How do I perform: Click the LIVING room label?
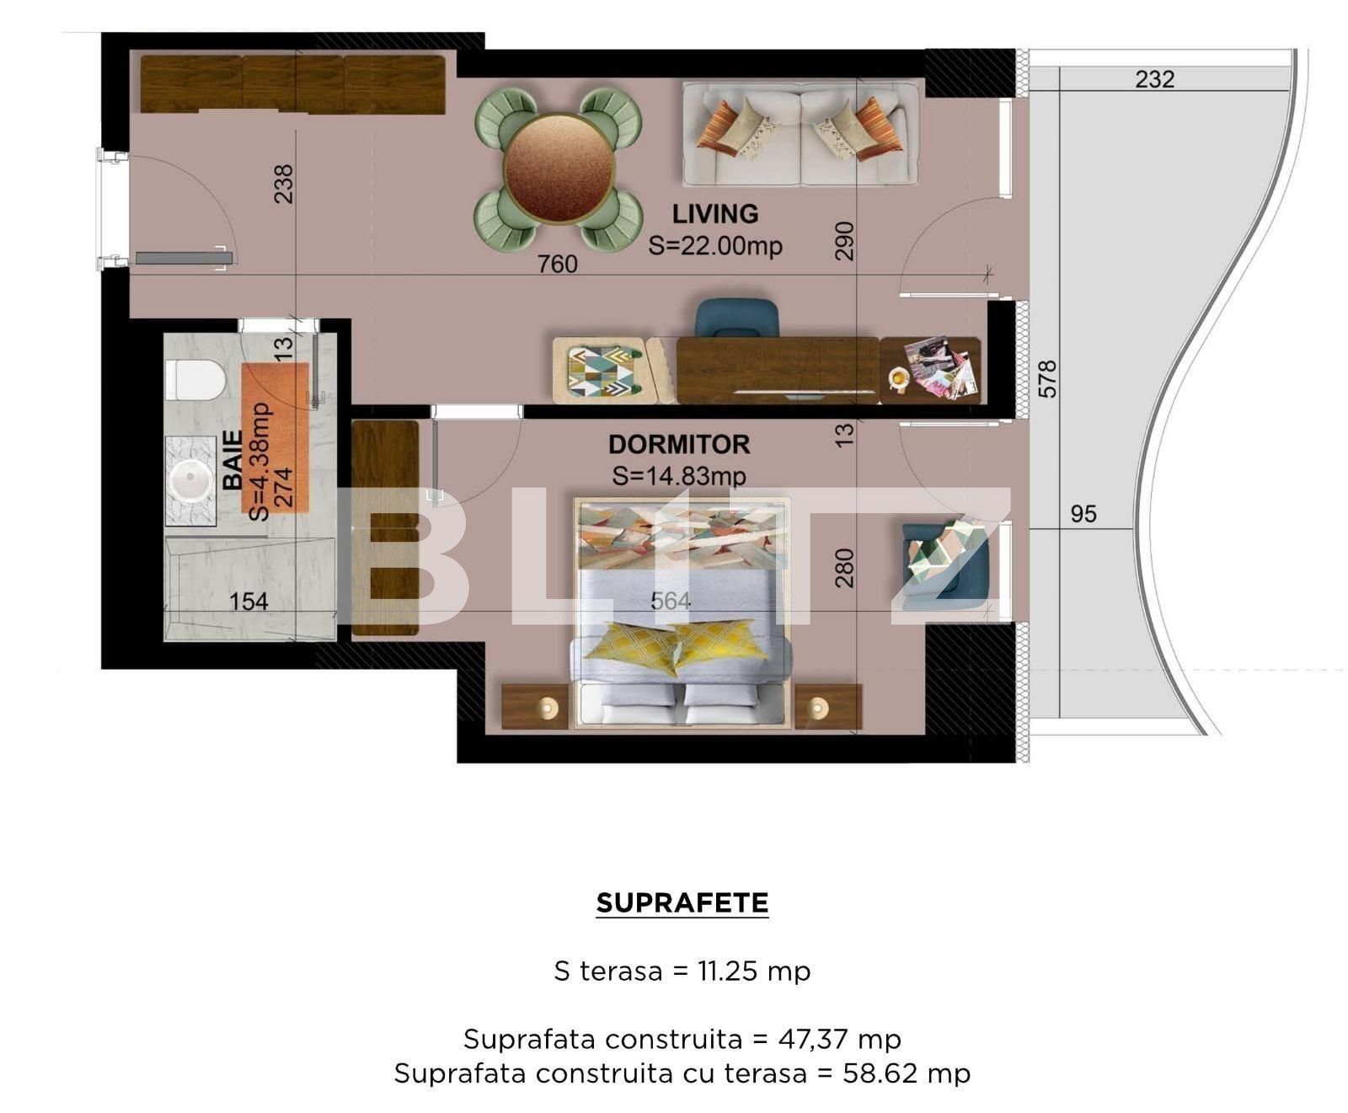[x=714, y=214]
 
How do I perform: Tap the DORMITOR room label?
[x=679, y=444]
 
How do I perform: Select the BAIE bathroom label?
[x=233, y=460]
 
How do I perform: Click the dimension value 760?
[x=558, y=264]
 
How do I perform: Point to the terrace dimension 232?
[x=1154, y=79]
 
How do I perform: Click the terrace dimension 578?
[x=1047, y=379]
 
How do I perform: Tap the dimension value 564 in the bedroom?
[x=671, y=601]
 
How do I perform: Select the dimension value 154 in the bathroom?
[x=249, y=602]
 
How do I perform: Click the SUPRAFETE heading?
[x=682, y=903]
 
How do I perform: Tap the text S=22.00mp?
[x=715, y=245]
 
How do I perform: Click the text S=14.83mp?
[x=679, y=476]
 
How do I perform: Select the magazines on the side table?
[x=942, y=367]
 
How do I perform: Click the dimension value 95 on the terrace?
[x=1083, y=514]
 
